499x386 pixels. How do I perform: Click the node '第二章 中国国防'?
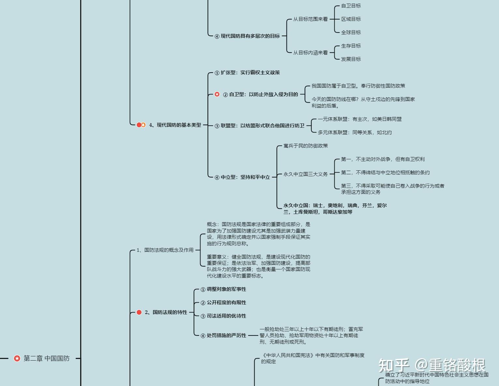[x=46, y=358]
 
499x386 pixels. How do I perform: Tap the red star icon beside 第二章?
[x=17, y=358]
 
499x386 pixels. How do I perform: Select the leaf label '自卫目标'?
[x=351, y=6]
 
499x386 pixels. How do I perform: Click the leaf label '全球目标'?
[x=351, y=33]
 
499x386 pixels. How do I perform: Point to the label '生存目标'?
[x=351, y=46]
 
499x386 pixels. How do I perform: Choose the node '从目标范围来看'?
[x=310, y=19]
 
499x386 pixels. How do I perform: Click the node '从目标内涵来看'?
[x=310, y=52]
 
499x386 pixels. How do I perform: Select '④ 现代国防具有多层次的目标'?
[x=247, y=36]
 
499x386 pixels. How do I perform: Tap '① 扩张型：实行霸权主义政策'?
[x=247, y=73]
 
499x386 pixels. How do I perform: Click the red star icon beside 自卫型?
[x=217, y=94]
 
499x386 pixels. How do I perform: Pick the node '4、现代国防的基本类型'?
[x=175, y=125]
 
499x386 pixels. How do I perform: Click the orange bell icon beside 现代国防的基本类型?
[x=143, y=125]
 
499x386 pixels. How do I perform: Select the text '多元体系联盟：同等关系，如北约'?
[x=355, y=133]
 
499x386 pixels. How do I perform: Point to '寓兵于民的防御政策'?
[x=305, y=146]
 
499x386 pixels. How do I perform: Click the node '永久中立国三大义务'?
[x=305, y=174]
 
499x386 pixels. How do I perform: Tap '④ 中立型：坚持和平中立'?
[x=242, y=177]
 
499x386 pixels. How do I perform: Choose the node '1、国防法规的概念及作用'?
[x=165, y=250]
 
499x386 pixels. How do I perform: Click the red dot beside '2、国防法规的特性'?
[x=139, y=312]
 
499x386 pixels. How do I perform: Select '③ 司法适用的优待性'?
[x=223, y=316]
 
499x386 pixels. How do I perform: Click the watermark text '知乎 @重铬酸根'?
[x=432, y=365]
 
